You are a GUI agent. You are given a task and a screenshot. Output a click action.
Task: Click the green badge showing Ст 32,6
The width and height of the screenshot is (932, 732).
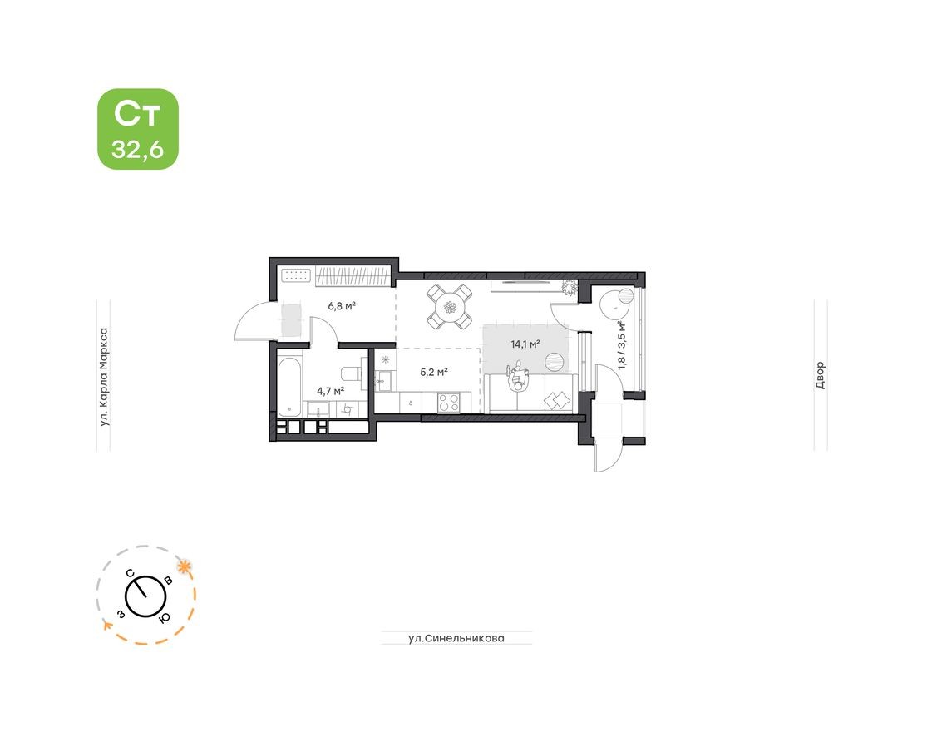coord(138,129)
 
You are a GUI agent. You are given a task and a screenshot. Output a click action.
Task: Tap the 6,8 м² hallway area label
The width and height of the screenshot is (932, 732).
coord(341,306)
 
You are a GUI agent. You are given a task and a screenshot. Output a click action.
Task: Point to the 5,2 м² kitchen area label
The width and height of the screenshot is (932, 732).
coord(434,372)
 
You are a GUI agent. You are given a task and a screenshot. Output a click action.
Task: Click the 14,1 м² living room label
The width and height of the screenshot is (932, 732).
coord(525,343)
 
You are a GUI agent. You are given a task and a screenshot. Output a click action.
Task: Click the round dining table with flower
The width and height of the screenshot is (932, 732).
coord(450,307)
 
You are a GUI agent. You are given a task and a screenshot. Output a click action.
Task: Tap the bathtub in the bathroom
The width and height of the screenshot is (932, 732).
coord(289,386)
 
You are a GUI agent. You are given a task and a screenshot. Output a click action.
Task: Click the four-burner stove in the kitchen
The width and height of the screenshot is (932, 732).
coord(449,402)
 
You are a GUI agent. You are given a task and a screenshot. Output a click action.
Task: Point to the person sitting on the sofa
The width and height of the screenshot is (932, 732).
coord(520,376)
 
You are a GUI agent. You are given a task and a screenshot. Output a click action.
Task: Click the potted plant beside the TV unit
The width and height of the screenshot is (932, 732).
coord(570,288)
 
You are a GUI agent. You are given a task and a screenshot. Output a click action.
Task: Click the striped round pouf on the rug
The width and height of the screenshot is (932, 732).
coord(554,361)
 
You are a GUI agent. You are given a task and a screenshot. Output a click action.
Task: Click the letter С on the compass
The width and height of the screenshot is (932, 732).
coord(131,573)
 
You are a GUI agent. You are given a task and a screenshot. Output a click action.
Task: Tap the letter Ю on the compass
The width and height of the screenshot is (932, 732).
coord(165,616)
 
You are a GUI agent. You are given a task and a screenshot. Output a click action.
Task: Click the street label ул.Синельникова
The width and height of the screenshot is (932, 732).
coord(456,638)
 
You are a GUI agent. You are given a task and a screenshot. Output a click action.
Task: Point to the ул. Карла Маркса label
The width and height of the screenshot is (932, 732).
coord(104,377)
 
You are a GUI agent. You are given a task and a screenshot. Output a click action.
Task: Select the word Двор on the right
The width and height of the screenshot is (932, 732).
coord(820,376)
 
